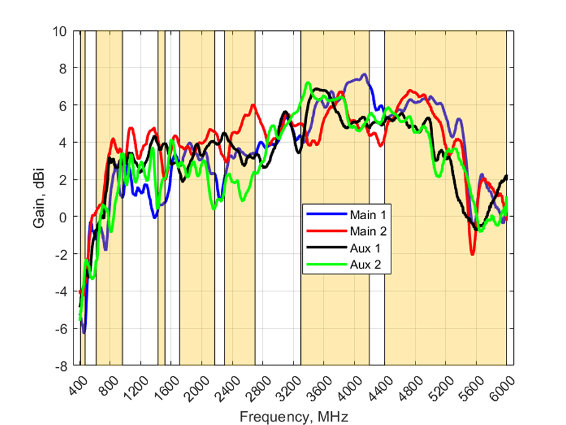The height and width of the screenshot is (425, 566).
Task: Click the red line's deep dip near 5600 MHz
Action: click(473, 254)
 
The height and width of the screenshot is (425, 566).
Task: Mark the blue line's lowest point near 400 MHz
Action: click(84, 333)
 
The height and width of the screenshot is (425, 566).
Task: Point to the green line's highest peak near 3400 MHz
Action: click(308, 83)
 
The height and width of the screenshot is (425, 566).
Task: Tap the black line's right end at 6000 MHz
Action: click(506, 176)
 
